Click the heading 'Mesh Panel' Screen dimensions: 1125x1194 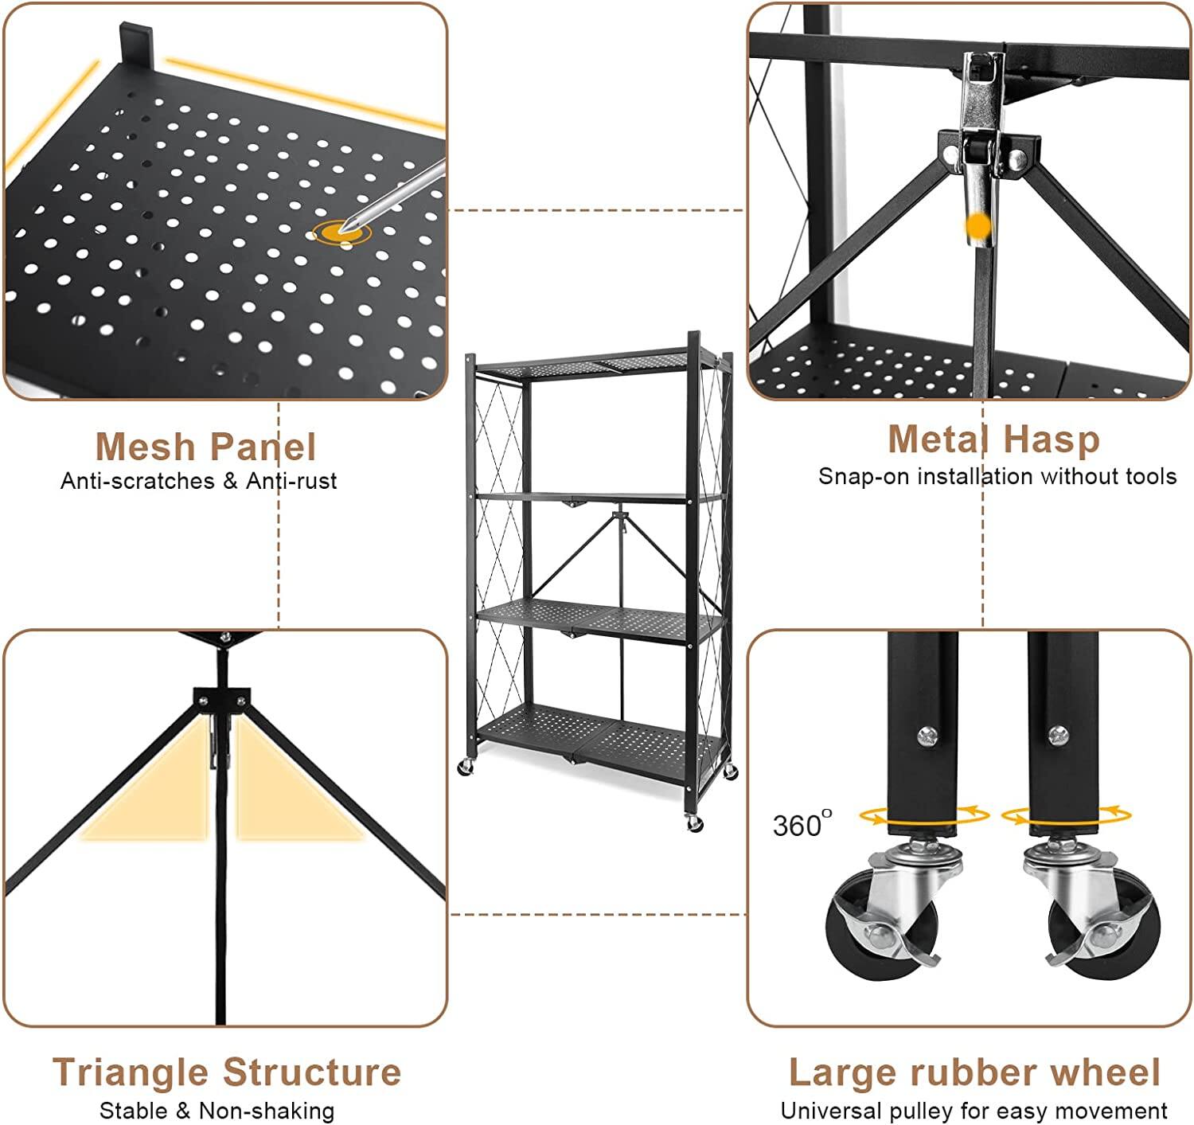click(205, 446)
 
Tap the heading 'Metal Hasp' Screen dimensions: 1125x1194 click(993, 439)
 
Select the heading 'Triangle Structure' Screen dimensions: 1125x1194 click(226, 1072)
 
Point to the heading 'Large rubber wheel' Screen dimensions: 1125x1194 click(974, 1072)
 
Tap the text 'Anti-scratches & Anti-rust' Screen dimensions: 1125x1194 click(198, 481)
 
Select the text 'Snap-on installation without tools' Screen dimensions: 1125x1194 click(997, 476)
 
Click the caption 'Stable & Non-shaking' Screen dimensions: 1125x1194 click(217, 1110)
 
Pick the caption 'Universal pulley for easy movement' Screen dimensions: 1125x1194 click(974, 1110)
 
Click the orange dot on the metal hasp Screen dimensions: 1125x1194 click(978, 228)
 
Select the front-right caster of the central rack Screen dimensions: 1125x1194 click(694, 822)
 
